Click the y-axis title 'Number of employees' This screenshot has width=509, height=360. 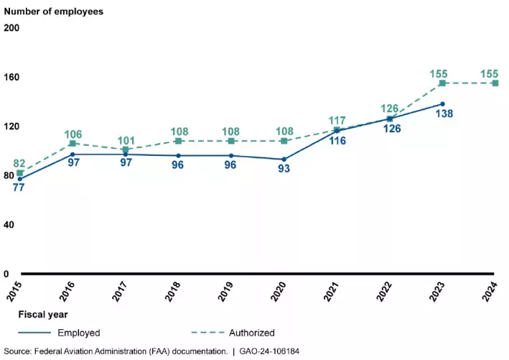pos(54,11)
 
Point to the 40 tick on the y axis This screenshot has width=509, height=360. pos(10,225)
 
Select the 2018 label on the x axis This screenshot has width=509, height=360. pos(172,291)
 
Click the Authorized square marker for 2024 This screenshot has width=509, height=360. pos(495,83)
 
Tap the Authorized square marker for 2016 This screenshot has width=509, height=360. pos(73,144)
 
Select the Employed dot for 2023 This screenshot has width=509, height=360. pos(443,104)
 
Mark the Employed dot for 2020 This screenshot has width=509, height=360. pos(284,160)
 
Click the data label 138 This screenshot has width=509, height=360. pos(444,115)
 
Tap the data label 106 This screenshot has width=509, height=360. pos(73,134)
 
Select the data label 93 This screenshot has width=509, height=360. pos(284,170)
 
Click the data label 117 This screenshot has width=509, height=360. pos(336,121)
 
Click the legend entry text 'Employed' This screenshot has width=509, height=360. pos(80,333)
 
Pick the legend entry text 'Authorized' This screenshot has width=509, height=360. pos(252,333)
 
